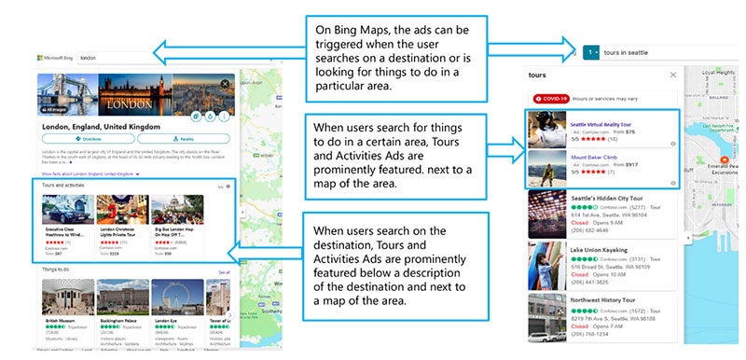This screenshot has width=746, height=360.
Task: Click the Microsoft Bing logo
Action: click(56, 57)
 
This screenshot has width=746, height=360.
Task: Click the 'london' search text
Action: click(90, 57)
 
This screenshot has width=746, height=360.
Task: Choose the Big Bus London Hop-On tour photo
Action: click(176, 209)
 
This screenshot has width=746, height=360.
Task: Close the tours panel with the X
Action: click(673, 76)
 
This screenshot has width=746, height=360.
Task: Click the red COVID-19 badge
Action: click(550, 98)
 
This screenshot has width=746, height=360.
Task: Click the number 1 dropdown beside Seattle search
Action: click(591, 53)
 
